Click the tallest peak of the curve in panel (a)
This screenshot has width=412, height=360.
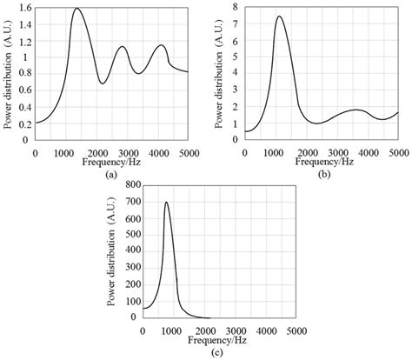(x=76, y=9)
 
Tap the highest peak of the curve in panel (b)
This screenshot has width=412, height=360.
(x=279, y=17)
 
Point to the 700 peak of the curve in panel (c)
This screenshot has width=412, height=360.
(x=166, y=203)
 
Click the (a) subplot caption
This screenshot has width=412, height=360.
(x=110, y=174)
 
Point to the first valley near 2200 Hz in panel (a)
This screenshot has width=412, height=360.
(x=103, y=83)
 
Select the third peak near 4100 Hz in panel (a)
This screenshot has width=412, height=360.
(x=160, y=45)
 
